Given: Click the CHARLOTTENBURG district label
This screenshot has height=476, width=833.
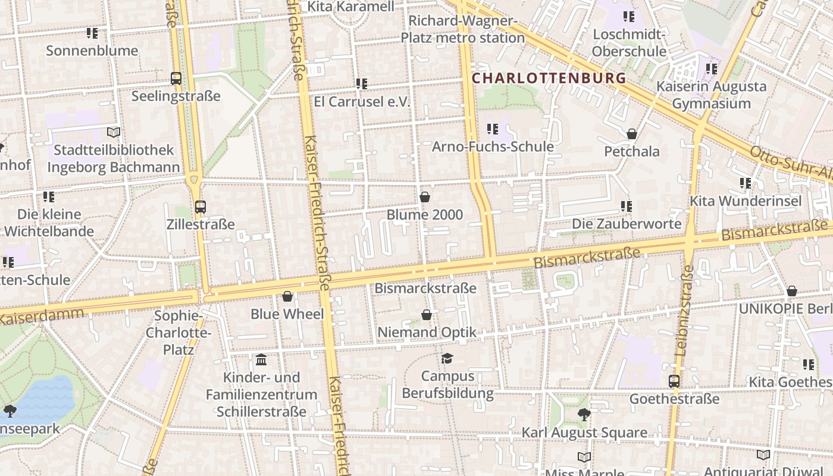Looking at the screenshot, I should point(549,78).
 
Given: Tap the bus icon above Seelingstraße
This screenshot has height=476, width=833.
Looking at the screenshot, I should point(176,78).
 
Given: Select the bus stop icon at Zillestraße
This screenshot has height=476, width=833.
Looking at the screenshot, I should point(201,207).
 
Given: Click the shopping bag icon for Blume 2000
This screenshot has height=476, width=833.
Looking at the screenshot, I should point(425,197).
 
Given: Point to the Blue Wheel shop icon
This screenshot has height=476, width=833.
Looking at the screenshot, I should point(287,296).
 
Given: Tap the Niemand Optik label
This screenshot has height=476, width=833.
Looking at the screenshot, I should point(427,332).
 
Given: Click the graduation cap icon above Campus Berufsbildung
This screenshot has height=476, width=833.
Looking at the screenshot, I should point(447,358).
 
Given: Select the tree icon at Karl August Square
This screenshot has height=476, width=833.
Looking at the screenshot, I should point(584,415).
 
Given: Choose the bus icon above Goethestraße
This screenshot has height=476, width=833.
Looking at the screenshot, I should point(674,381).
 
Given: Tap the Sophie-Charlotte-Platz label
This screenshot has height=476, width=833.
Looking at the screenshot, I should point(178,332).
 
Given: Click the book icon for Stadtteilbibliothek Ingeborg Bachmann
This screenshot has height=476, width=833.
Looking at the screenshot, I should point(114,132).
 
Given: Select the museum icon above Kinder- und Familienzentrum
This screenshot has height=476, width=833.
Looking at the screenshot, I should point(261,360).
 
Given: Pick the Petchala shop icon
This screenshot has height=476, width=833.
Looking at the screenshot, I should point(632,134).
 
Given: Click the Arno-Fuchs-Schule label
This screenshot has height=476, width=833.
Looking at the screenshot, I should point(493,146).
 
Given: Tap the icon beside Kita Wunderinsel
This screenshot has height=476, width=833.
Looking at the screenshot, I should point(746,183).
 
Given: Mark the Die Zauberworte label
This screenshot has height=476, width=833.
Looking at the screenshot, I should point(627,224).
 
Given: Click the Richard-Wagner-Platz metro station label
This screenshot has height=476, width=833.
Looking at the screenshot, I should point(462,30).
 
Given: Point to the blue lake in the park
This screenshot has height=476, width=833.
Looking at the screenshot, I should point(42,399).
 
